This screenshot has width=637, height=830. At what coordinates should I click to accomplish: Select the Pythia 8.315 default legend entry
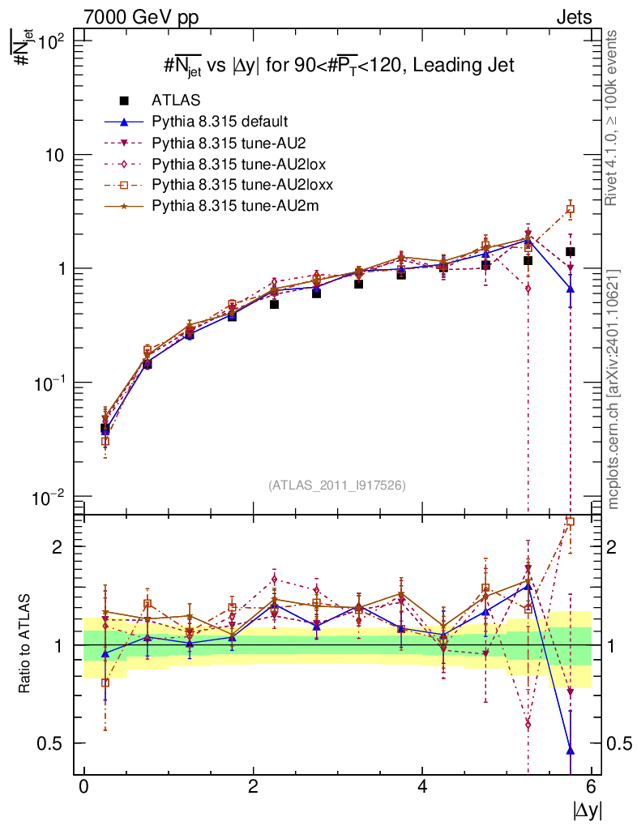pos(220,122)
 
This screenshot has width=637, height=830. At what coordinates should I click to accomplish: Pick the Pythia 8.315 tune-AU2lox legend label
pos(226,164)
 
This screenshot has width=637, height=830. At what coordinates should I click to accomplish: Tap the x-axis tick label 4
pos(422,787)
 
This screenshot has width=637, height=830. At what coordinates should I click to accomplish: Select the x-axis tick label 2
pos(253,787)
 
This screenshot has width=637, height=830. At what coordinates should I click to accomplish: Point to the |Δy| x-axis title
pos(588,810)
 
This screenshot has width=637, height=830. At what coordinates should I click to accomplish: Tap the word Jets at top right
pos(573,16)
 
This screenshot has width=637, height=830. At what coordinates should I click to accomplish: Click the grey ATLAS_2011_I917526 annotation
pos(337,485)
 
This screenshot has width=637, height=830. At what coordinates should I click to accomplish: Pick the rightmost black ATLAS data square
pos(571,252)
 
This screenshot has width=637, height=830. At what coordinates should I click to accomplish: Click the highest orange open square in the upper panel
pos(571,209)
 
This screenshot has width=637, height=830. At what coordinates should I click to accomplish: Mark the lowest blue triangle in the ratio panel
pos(571,750)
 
